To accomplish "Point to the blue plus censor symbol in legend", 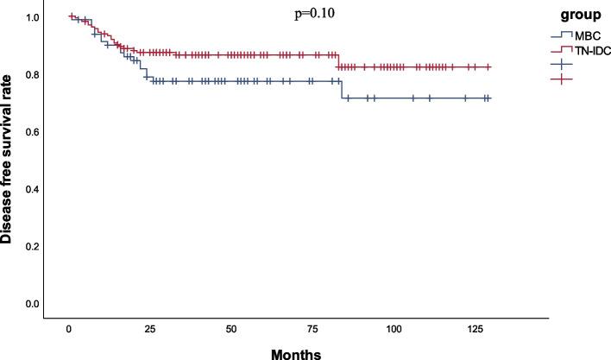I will point(563,65).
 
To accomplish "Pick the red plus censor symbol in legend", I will point(563,79).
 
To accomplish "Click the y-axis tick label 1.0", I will point(31,17).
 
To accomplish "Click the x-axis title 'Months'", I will point(296,352).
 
